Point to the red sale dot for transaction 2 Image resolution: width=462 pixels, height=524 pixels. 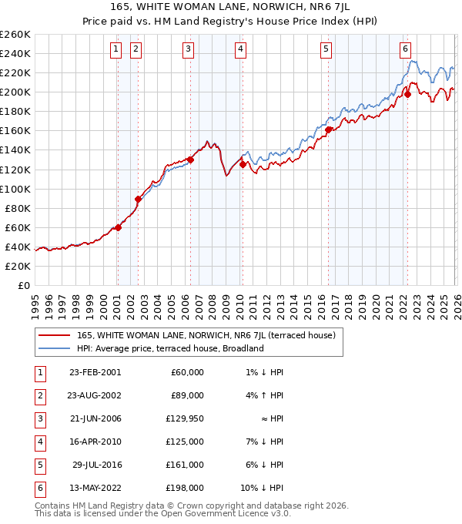[139, 199]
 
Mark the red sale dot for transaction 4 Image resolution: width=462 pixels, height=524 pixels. [243, 164]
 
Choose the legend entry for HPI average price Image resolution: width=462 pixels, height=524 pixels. [170, 348]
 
